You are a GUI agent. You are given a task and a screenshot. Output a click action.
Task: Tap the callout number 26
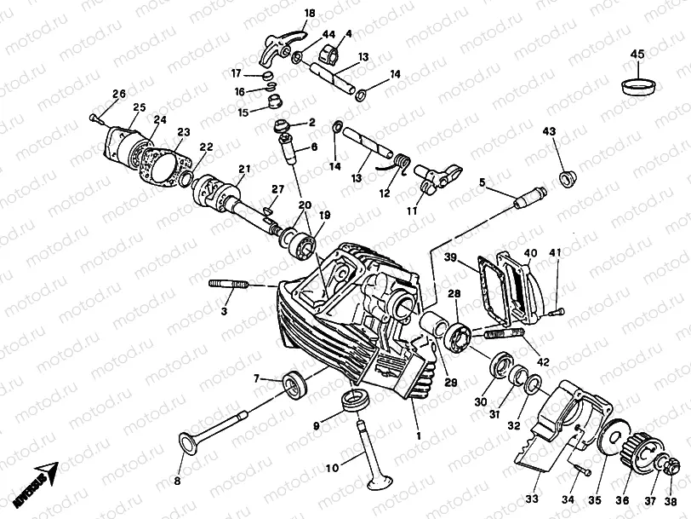coord(118,94)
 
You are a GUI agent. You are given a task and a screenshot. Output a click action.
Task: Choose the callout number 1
coord(417,435)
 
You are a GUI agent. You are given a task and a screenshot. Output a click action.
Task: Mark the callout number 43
coord(549,131)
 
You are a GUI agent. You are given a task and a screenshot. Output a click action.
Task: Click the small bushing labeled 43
coord(563,177)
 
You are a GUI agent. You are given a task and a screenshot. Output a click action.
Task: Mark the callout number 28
coord(454,293)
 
